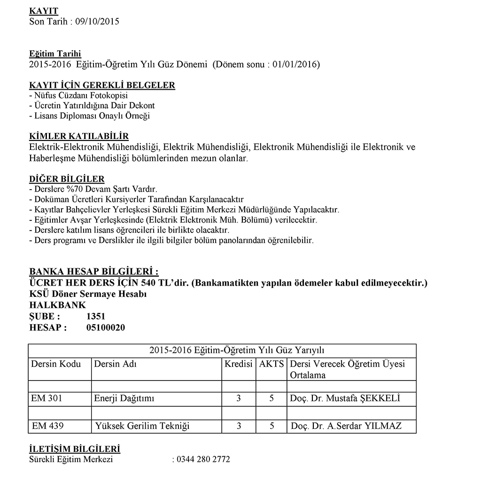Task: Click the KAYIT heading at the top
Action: point(44,10)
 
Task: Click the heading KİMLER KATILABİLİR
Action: point(78,136)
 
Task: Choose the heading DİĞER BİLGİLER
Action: point(67,179)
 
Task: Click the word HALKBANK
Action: point(57,305)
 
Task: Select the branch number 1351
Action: point(96,317)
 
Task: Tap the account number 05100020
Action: point(106,328)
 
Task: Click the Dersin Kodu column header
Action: point(56,364)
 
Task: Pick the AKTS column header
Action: point(272,364)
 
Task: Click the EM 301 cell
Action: point(47,399)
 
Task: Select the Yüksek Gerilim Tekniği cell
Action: point(142,427)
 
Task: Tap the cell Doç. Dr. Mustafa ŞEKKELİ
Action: point(345,399)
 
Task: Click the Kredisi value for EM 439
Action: point(239,427)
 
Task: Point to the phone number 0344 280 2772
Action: point(202,459)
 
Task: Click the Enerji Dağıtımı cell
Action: point(124,399)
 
